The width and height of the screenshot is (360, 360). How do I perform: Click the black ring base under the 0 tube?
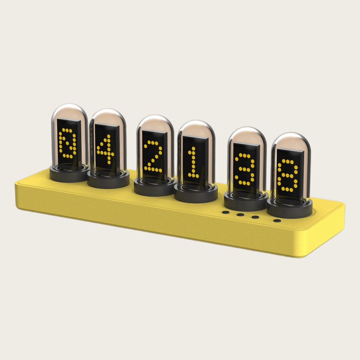click(x=69, y=175)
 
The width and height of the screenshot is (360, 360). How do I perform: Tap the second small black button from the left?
click(x=241, y=214)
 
